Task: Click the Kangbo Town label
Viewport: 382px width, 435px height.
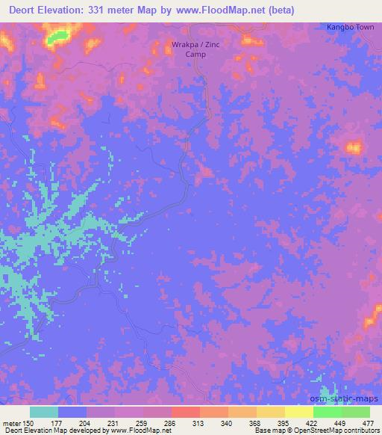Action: [x=351, y=28]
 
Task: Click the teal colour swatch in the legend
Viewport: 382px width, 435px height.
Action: [x=43, y=412]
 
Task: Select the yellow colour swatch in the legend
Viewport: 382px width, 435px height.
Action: [x=298, y=412]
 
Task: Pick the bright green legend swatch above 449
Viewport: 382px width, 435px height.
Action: [x=327, y=412]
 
